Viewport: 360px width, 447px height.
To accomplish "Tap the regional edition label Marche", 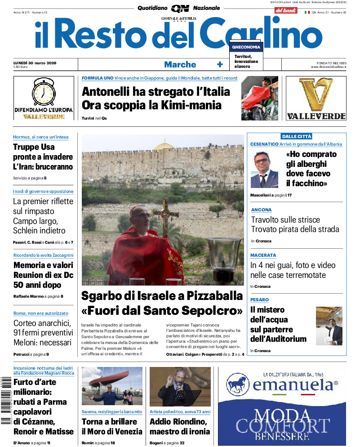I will click(x=180, y=65).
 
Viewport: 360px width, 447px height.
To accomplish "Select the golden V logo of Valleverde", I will click(x=316, y=94).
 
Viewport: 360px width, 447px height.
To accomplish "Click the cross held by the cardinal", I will click(x=164, y=211).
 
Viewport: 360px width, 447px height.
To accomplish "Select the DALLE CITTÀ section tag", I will click(x=296, y=136).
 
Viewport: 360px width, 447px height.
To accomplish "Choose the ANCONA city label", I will click(x=261, y=210).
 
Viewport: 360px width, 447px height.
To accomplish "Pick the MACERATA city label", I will click(x=263, y=255).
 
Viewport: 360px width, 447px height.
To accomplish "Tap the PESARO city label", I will click(x=260, y=299).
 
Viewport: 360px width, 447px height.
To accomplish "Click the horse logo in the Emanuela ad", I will click(x=238, y=384).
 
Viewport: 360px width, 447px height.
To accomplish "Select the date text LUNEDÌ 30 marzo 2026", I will click(x=38, y=63).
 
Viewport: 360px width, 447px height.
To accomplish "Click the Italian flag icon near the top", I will click(x=307, y=12).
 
